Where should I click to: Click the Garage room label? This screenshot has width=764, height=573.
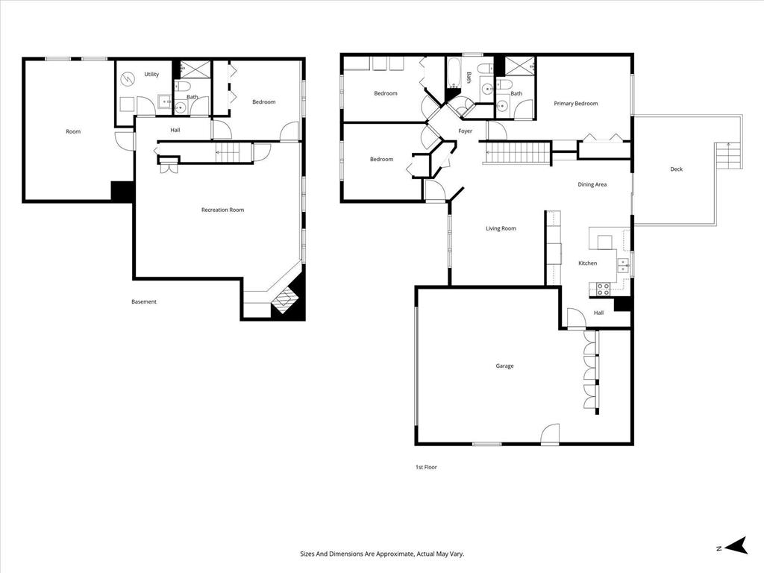point(504,366)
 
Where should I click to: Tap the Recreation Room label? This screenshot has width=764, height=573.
point(222,210)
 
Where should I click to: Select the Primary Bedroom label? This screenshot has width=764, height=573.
point(575,104)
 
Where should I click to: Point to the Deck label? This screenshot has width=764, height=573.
point(676,169)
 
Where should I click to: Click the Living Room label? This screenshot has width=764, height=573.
point(501,229)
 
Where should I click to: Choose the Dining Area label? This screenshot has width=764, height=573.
point(592,184)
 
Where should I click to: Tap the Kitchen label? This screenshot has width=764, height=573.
point(588,263)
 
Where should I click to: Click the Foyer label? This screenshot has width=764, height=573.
point(465,131)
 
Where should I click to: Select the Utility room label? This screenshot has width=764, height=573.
point(151,75)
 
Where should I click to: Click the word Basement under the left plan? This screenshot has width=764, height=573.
point(144,302)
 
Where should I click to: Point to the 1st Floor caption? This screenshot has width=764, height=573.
point(426,467)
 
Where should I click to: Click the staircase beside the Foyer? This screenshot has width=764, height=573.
point(520,154)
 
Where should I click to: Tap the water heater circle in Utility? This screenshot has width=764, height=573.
point(128,76)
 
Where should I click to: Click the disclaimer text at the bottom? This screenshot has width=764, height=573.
point(381,554)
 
